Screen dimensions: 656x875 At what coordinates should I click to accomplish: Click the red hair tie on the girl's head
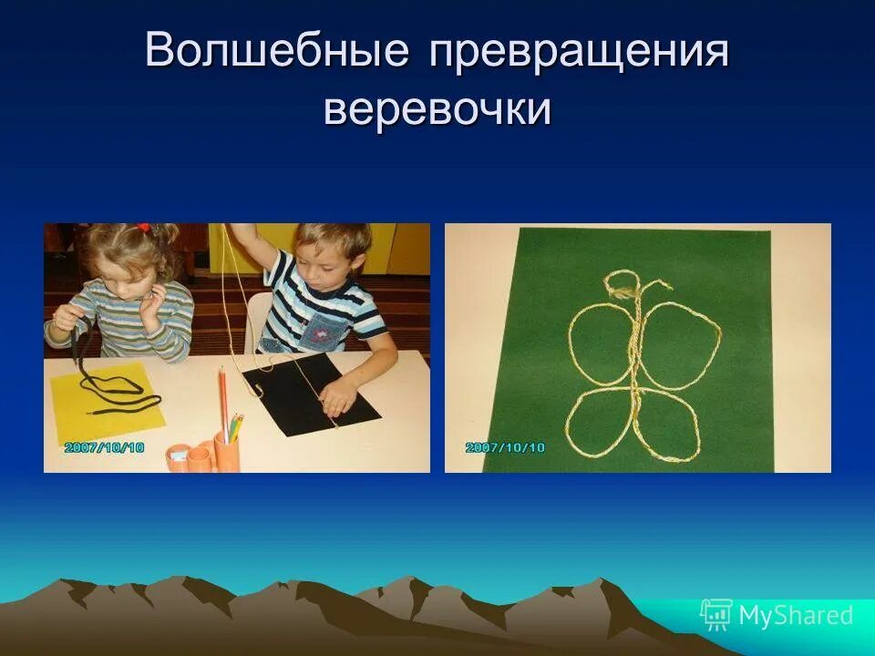[142, 228]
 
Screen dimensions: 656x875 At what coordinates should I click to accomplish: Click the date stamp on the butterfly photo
[504, 447]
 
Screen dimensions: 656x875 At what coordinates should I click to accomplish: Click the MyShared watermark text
[795, 615]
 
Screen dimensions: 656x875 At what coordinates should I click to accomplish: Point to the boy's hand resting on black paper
[339, 396]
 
